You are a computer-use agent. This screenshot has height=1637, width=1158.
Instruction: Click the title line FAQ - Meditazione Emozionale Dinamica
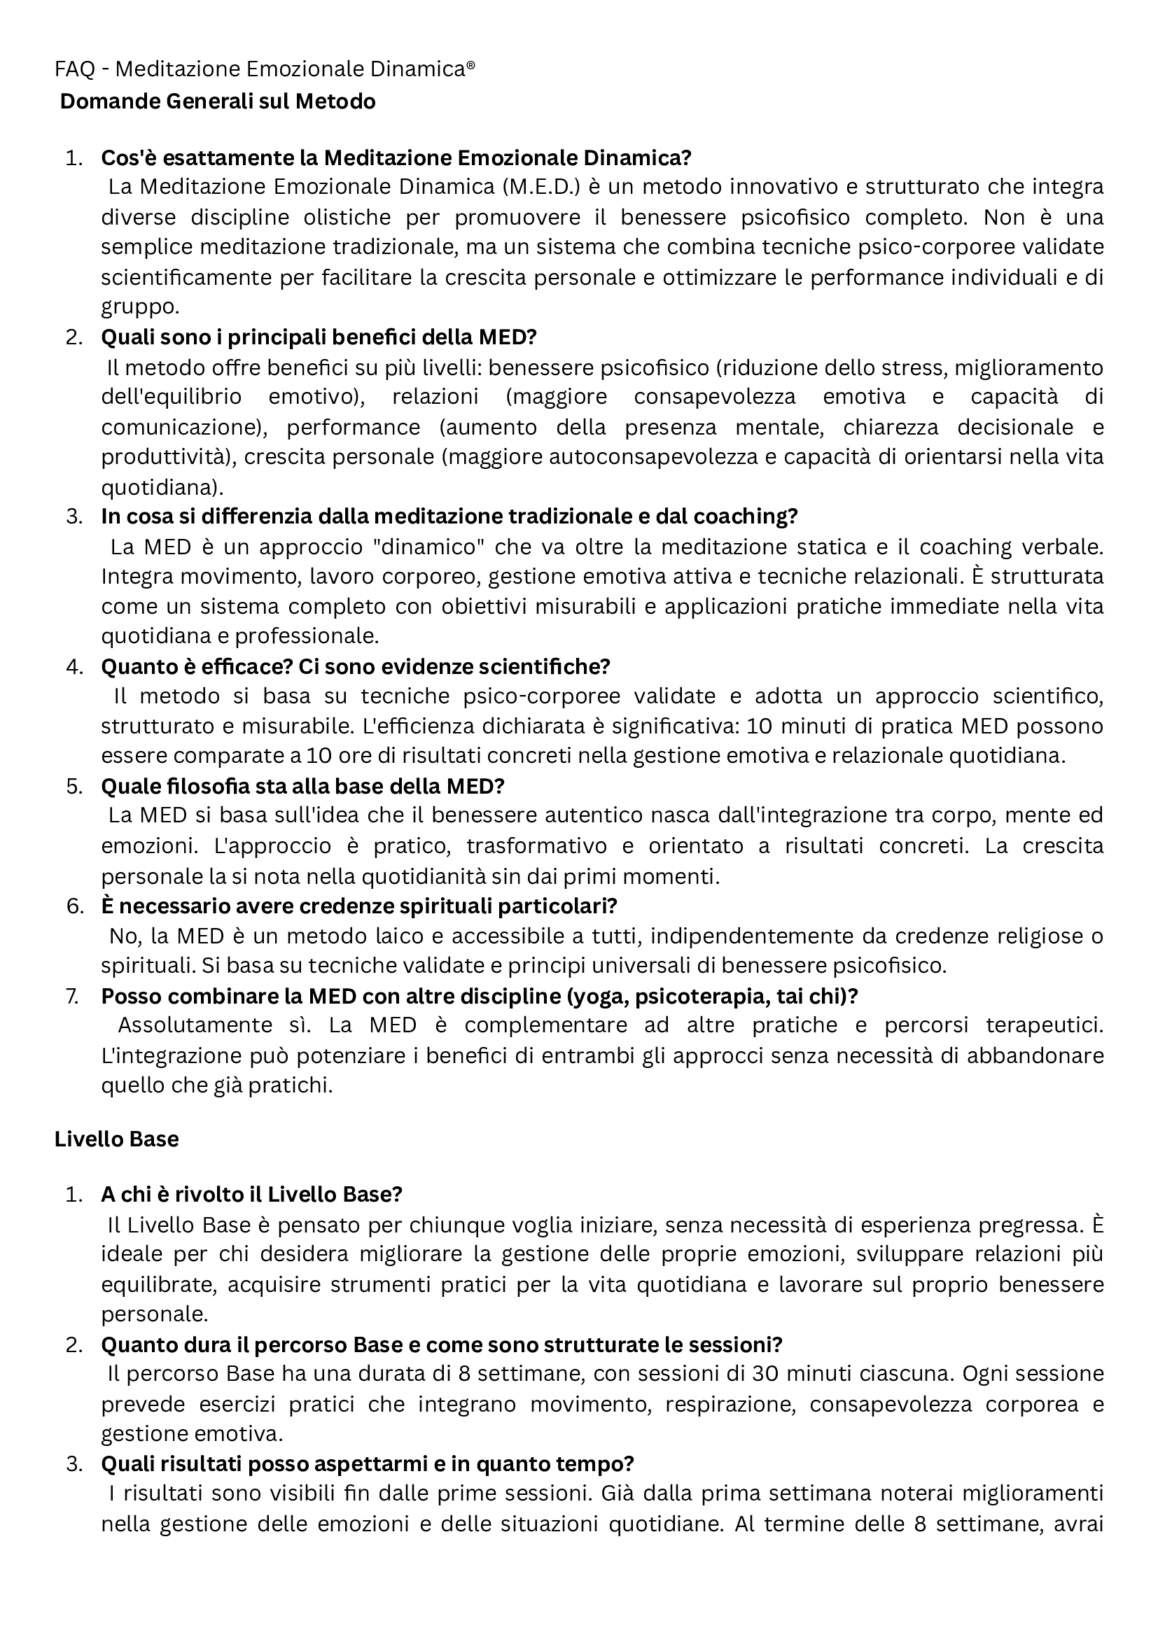[x=265, y=69]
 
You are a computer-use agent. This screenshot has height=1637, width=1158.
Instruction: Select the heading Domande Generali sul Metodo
[x=218, y=102]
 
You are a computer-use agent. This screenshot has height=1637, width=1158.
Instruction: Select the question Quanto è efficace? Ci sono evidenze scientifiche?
[x=356, y=667]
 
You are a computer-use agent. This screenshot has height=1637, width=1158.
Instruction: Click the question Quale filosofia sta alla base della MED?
[x=302, y=787]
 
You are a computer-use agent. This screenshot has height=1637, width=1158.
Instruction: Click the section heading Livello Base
[x=116, y=1139]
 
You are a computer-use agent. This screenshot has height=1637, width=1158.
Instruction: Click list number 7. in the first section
[x=73, y=996]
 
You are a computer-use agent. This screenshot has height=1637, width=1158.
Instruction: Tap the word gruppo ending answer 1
[x=139, y=307]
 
